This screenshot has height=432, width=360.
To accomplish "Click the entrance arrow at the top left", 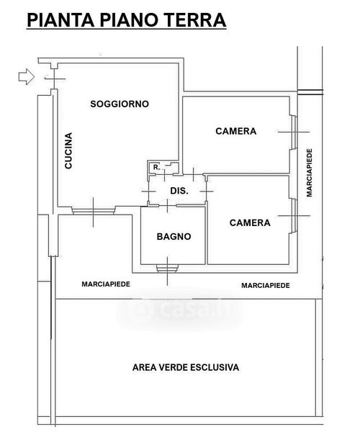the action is click(27, 76).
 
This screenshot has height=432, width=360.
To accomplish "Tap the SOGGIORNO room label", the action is click(120, 104).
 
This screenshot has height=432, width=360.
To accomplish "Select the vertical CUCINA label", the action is click(68, 150).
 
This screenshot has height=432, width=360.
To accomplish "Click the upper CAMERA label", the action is click(235, 131).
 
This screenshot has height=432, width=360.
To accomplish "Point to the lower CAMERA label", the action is click(250, 222).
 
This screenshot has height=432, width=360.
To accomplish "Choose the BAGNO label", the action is click(174, 236).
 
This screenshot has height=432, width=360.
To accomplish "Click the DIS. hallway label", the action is click(179, 191).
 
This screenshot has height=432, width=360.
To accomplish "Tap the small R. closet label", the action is click(156, 167).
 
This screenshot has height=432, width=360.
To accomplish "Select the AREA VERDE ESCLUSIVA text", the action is click(186, 367).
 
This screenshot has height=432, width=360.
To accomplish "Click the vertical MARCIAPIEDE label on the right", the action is click(310, 173).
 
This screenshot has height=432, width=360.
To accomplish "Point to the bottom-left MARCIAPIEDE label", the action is click(106, 284).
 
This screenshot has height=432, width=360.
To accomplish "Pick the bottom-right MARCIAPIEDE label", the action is click(266, 285).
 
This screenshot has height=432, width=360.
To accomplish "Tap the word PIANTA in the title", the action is click(60, 20).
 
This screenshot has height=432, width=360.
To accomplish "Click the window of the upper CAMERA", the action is click(294, 132).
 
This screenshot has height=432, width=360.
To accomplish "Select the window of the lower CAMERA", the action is click(294, 216).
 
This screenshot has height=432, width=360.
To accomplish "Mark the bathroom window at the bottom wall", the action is click(167, 269).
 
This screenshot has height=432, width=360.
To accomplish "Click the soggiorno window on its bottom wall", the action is click(93, 211).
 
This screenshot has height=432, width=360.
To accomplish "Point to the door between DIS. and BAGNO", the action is click(168, 205).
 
